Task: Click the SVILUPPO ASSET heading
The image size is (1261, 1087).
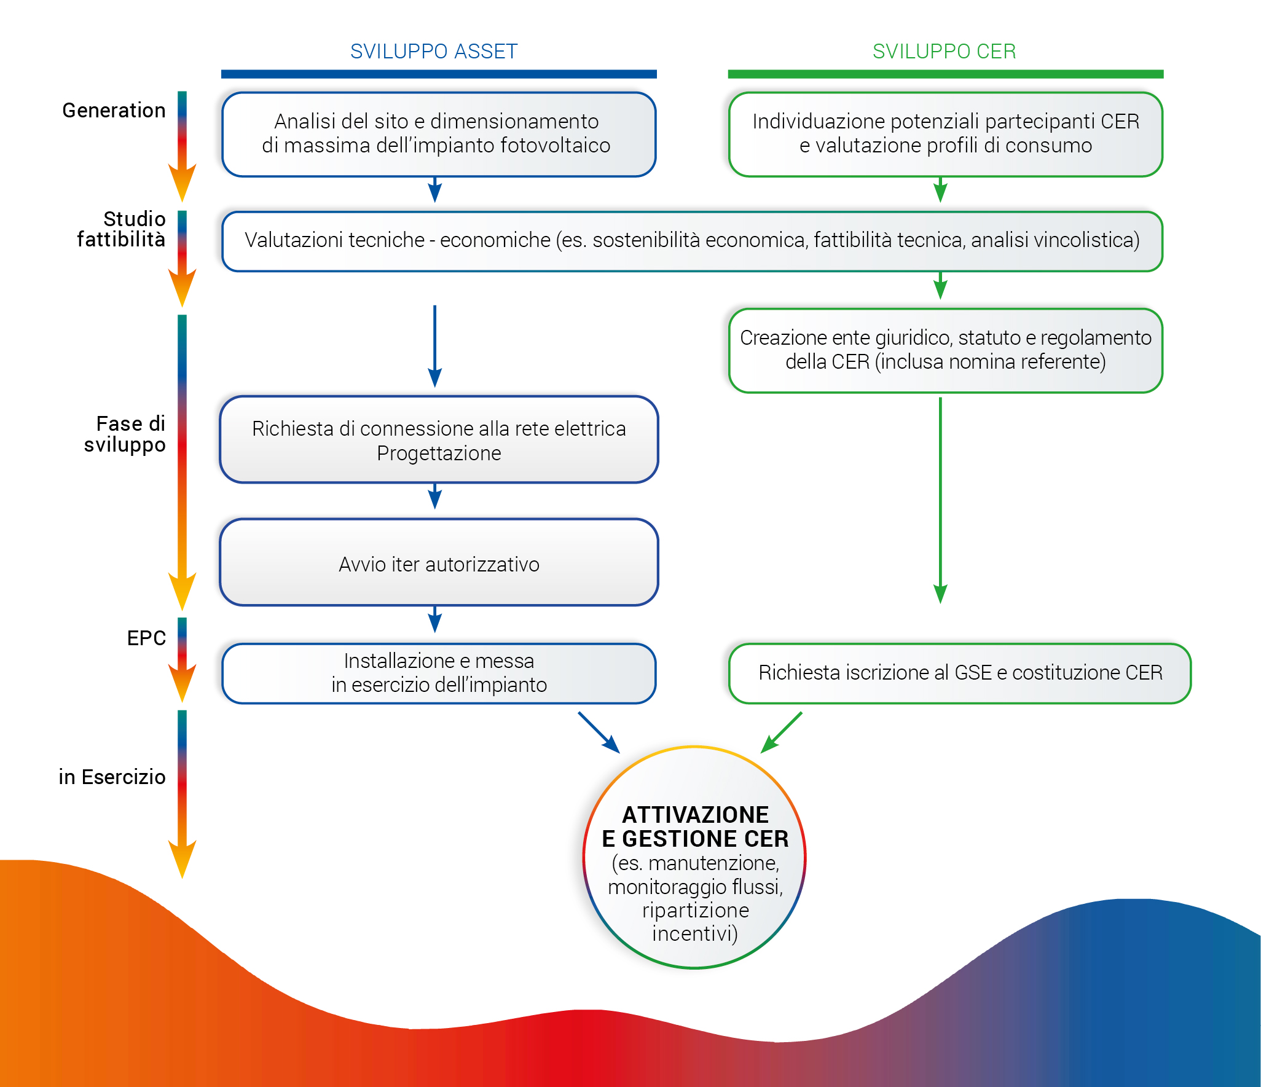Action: (434, 52)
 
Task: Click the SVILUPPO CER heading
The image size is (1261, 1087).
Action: (944, 52)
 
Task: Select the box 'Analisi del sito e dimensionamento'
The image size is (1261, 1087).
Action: (439, 134)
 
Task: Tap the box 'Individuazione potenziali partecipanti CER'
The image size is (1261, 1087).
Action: (945, 134)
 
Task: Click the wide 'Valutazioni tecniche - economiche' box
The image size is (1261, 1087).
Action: (692, 241)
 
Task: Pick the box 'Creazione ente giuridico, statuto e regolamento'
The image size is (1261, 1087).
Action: (945, 350)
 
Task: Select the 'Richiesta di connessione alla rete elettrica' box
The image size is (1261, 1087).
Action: (439, 440)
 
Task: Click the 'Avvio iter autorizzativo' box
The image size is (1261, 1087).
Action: (439, 563)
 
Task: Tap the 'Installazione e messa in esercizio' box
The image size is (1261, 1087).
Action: (439, 673)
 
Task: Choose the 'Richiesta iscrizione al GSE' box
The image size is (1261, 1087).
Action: (960, 673)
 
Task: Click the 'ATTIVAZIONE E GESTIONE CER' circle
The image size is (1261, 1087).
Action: (694, 858)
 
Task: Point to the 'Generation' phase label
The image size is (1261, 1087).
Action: (114, 111)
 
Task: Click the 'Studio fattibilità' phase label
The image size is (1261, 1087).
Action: (122, 229)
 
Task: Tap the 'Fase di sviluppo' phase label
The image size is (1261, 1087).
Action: (125, 434)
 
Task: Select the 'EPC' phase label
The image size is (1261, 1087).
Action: (146, 638)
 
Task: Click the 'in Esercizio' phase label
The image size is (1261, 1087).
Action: (112, 777)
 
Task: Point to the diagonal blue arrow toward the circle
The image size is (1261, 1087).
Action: (599, 732)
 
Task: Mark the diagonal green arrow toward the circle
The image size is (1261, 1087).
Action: (782, 732)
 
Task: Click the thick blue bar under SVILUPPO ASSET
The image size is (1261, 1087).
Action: (439, 74)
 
